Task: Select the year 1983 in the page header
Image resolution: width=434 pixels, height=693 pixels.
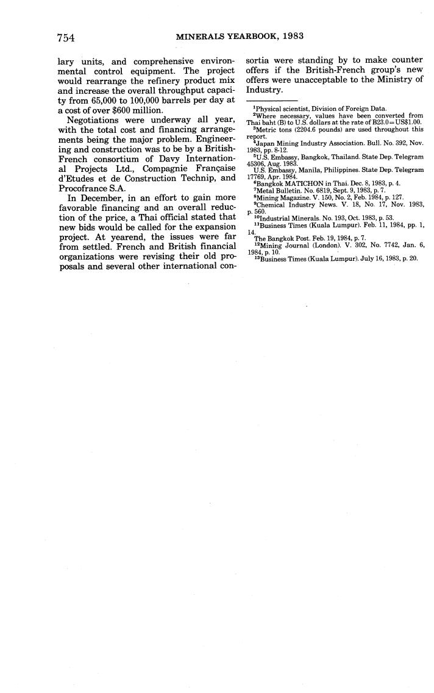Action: pyautogui.click(x=291, y=37)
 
